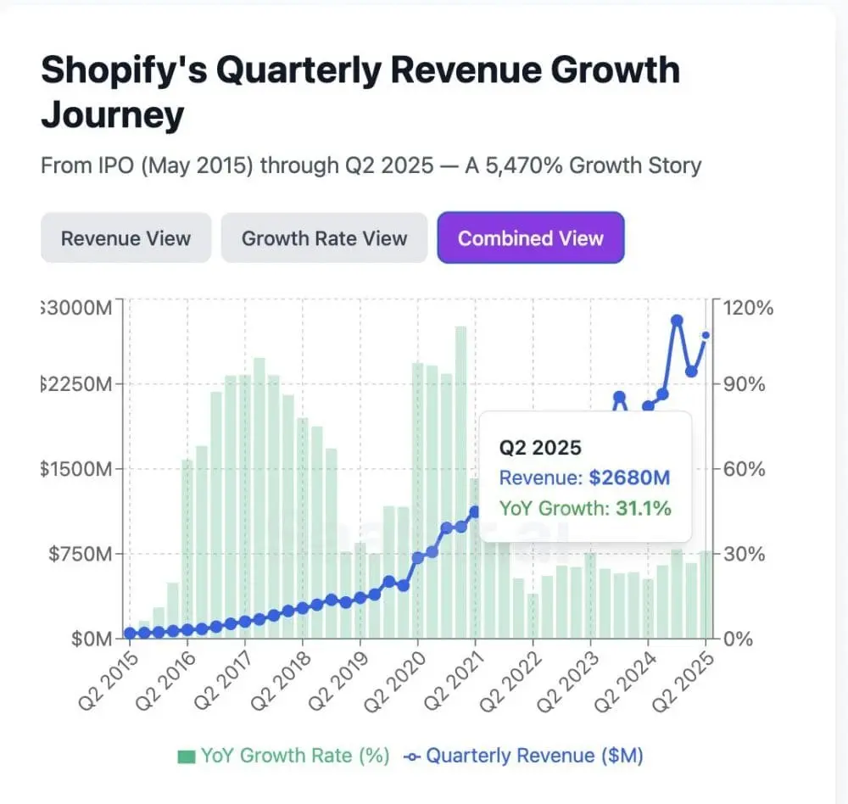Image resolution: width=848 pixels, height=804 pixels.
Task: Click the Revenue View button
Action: [x=126, y=238]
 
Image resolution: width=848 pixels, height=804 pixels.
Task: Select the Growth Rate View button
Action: [x=324, y=238]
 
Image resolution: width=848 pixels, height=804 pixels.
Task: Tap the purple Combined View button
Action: [x=531, y=238]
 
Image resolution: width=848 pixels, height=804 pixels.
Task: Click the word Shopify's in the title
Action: [x=122, y=70]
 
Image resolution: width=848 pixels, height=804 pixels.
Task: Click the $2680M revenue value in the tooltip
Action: [x=628, y=477]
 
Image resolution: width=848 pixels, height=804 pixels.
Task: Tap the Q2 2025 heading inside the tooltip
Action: [x=540, y=447]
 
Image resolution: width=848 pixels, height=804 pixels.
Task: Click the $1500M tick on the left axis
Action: [x=76, y=469]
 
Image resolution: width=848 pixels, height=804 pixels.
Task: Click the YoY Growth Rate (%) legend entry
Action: [x=283, y=756]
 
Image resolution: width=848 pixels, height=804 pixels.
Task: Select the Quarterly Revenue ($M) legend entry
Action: [x=524, y=756]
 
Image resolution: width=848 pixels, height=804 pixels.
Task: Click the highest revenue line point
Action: [x=678, y=321]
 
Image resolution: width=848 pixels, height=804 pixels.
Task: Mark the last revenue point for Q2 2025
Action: [x=706, y=336]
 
